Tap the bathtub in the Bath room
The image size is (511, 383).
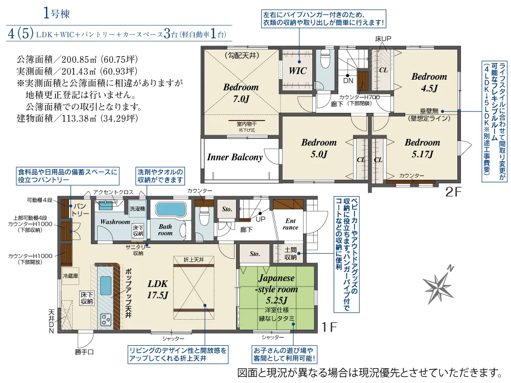[171, 210]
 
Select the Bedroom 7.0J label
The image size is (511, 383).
[241, 92]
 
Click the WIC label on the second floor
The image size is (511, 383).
[297, 70]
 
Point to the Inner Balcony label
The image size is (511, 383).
[235, 157]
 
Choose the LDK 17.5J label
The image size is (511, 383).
[158, 289]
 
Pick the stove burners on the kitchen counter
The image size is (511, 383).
[106, 319]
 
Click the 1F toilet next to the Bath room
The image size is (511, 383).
[204, 217]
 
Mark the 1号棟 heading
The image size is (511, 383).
[56, 13]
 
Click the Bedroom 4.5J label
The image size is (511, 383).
[429, 82]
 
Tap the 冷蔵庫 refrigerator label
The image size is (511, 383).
[71, 276]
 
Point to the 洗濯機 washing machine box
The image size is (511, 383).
[137, 208]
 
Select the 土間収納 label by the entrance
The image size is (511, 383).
[290, 253]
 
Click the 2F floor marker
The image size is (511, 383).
[453, 192]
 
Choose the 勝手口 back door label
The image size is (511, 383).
[84, 352]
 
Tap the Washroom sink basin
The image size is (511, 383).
[106, 205]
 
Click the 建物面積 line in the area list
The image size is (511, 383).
[77, 118]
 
